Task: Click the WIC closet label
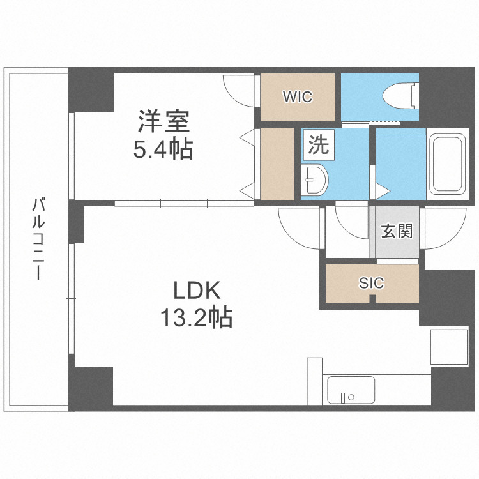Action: point(298,97)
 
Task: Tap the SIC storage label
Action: point(371,283)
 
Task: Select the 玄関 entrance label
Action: point(397,231)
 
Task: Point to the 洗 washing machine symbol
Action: point(318,145)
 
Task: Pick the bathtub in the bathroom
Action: point(446,164)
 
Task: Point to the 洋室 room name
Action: point(163,121)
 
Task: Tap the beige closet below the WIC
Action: point(277,163)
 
